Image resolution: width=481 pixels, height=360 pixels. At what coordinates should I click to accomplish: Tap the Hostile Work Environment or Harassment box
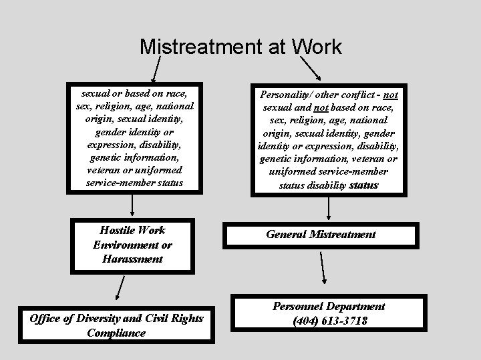(132, 245)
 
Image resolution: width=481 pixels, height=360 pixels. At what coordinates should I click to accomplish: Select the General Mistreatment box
(321, 235)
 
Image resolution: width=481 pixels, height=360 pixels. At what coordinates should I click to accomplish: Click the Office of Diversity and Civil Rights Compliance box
(116, 325)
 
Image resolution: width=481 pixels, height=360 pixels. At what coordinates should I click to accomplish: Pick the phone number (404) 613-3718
(330, 321)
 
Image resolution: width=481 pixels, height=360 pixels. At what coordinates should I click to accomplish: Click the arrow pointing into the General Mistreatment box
(329, 209)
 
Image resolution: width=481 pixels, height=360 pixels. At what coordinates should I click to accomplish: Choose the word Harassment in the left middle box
(132, 259)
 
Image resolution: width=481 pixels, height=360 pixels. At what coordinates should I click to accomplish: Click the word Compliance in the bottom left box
(116, 333)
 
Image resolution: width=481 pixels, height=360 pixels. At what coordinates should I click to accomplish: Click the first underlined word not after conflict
(391, 95)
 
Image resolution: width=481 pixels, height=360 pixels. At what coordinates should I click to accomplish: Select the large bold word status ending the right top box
(363, 185)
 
